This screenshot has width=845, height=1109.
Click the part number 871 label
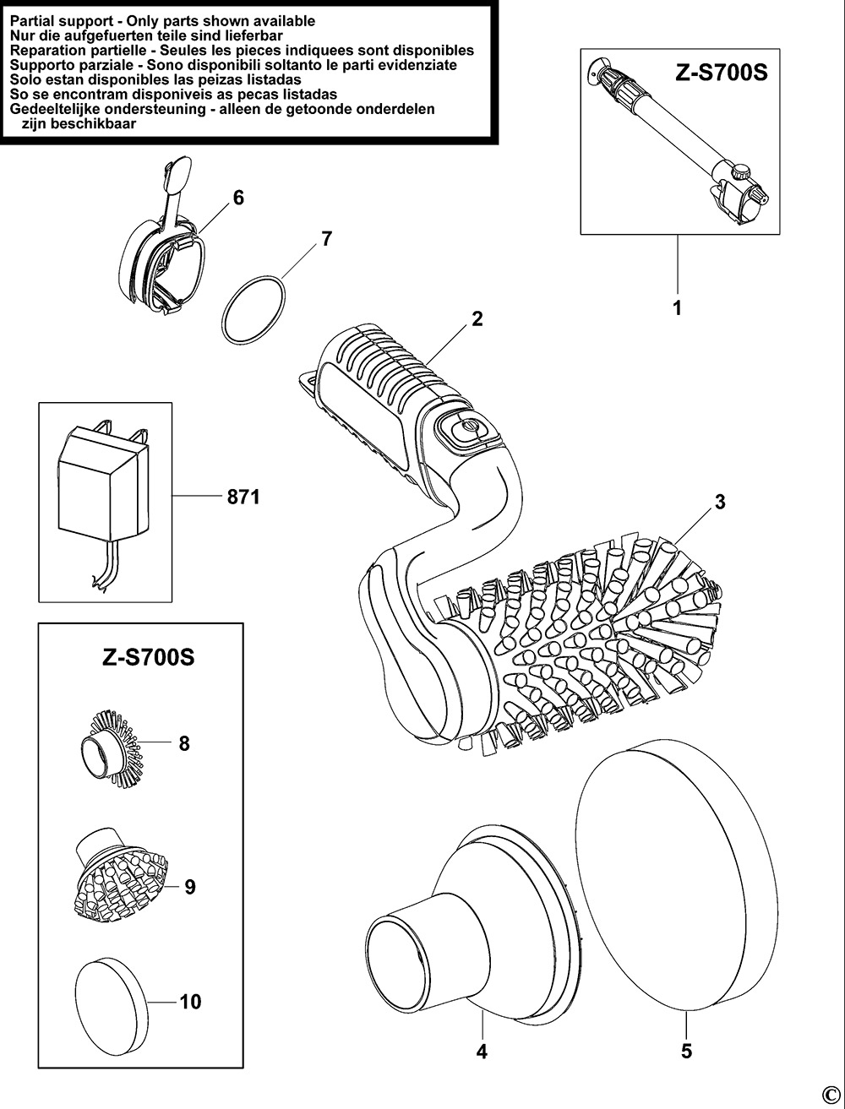pyautogui.click(x=243, y=497)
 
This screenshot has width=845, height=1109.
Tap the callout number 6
pyautogui.click(x=238, y=198)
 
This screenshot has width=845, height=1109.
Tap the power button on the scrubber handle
pyautogui.click(x=464, y=431)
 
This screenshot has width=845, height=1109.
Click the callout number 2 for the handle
pyautogui.click(x=477, y=318)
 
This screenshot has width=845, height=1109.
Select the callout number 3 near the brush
pyautogui.click(x=720, y=502)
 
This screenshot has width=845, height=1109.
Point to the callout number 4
pyautogui.click(x=482, y=1052)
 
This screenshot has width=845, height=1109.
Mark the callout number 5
pyautogui.click(x=686, y=1052)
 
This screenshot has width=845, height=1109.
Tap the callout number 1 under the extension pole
pyautogui.click(x=677, y=308)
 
